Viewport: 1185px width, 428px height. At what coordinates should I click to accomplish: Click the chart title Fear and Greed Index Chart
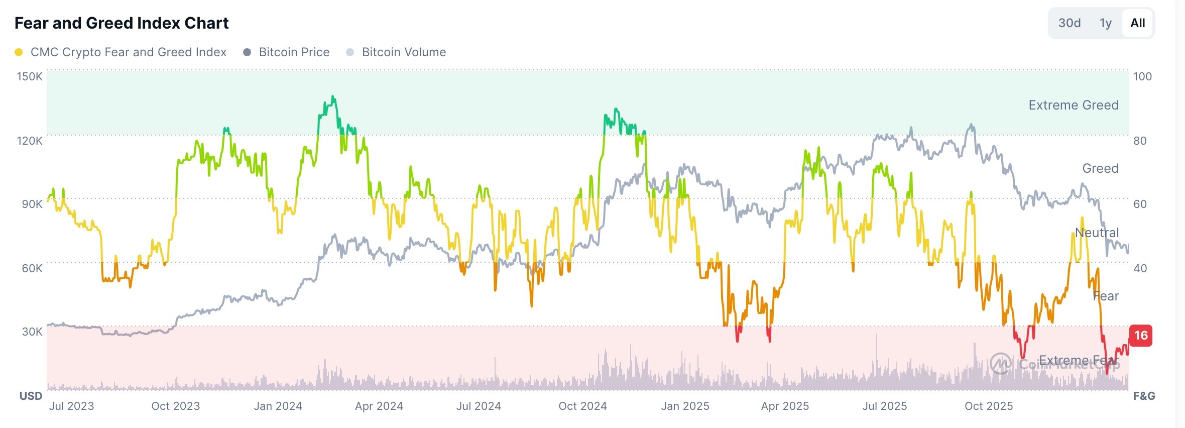point(122,23)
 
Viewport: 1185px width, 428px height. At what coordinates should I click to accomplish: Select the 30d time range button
point(1069,23)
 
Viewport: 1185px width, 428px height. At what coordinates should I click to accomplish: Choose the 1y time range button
point(1105,23)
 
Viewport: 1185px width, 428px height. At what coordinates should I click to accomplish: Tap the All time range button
point(1137,23)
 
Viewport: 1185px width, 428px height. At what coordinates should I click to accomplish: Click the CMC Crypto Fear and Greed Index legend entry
point(128,52)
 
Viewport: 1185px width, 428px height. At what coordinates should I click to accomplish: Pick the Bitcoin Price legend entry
point(294,52)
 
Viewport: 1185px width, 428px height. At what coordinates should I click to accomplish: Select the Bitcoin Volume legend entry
point(404,52)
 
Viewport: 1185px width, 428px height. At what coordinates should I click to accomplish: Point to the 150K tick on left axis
point(30,76)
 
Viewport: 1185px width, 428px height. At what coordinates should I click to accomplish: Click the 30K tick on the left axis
point(32,332)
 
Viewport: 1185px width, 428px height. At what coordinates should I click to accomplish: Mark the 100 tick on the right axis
point(1142,76)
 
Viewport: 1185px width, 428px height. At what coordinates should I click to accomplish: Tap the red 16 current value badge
point(1141,336)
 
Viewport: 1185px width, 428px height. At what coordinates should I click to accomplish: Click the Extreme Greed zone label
point(1073,105)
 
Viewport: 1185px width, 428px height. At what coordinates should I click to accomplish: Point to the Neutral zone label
point(1097,233)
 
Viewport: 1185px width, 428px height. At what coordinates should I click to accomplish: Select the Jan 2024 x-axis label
point(278,406)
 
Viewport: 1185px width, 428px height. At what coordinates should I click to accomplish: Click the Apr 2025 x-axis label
point(785,406)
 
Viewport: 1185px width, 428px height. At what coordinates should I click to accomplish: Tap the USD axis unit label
point(31,396)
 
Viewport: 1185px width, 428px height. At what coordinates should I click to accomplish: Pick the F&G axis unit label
point(1144,396)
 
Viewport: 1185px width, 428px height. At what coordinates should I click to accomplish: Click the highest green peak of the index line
point(333,97)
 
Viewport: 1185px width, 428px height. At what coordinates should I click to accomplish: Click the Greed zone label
point(1100,168)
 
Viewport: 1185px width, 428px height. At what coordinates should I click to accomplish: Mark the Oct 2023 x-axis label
point(175,406)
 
